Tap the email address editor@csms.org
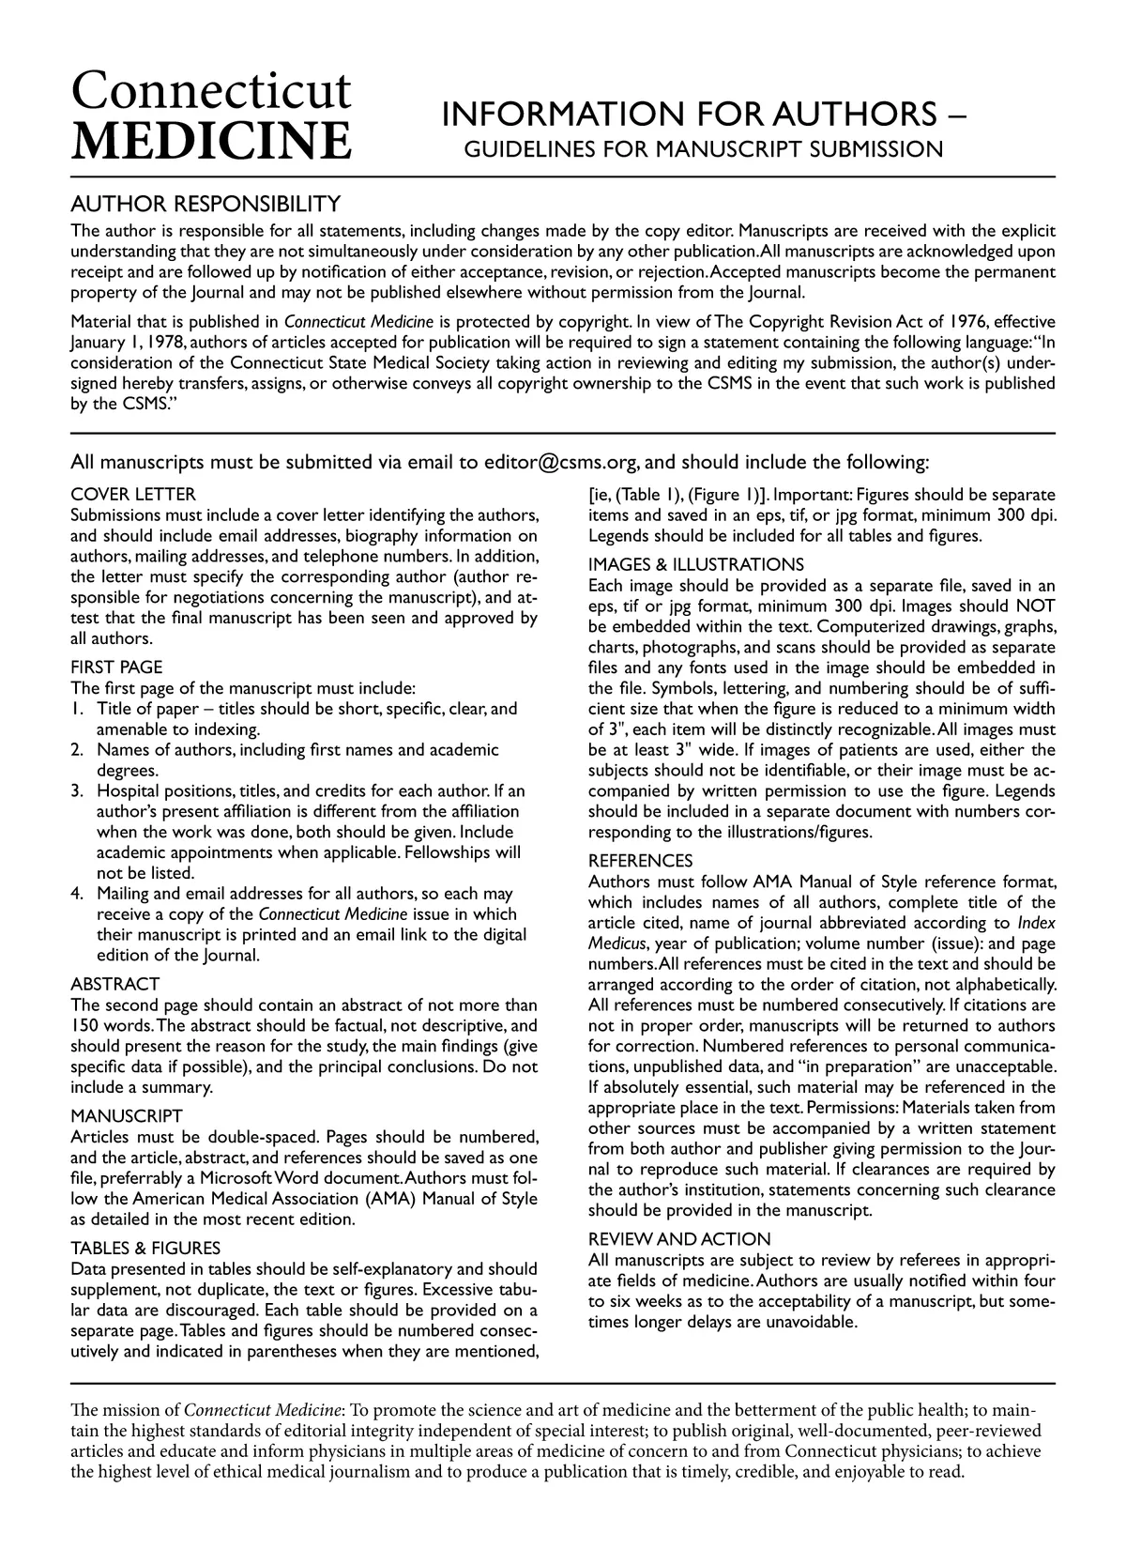[562, 462]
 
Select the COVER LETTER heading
[133, 495]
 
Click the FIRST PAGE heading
[116, 667]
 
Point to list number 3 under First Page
[78, 790]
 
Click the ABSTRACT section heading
[115, 984]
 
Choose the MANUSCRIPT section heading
[127, 1116]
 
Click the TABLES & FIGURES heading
[146, 1248]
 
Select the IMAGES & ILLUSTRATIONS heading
[696, 564]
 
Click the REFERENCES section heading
[641, 861]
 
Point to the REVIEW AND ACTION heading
[679, 1239]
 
